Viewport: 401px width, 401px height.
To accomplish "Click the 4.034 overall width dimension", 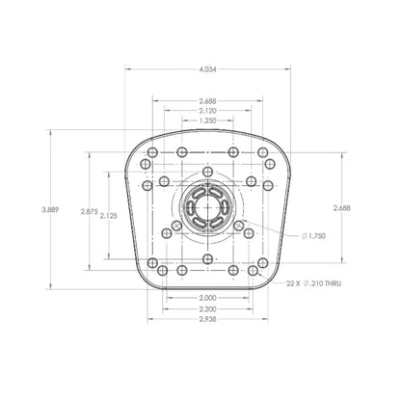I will click(x=207, y=69).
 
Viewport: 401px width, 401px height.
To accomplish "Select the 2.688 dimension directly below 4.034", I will click(x=207, y=101).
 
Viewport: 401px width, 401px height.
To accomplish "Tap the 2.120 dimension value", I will click(x=207, y=112).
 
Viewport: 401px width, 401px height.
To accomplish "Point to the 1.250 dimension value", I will click(x=207, y=122).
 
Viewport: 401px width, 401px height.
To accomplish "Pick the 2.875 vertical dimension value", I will click(x=89, y=211).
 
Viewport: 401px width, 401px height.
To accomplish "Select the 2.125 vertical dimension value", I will click(x=108, y=217).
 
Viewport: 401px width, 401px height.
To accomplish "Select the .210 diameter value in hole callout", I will click(x=314, y=284).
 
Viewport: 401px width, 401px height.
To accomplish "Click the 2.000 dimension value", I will click(x=207, y=298).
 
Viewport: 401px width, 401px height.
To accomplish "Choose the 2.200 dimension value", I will click(x=207, y=308).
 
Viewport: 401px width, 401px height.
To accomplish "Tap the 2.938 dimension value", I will click(x=207, y=319).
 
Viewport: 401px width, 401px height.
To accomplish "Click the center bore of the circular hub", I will click(x=207, y=209).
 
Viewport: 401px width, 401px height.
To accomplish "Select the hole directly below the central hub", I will click(x=207, y=246).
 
